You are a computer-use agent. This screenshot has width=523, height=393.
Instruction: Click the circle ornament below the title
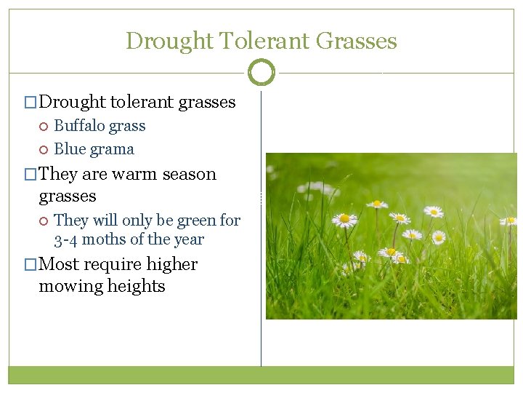click(261, 73)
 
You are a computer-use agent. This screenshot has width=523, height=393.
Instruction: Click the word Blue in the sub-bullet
click(70, 149)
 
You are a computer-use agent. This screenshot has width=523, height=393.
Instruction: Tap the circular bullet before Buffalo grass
click(43, 127)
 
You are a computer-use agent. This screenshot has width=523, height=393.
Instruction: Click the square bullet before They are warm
click(30, 175)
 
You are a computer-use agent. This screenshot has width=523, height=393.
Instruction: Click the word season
click(190, 175)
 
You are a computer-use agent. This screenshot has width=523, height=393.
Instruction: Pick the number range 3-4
click(66, 239)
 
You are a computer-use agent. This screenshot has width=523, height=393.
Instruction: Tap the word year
click(189, 239)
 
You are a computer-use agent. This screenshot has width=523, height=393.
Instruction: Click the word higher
click(171, 264)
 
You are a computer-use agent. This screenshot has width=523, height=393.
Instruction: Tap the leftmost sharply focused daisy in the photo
click(344, 218)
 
